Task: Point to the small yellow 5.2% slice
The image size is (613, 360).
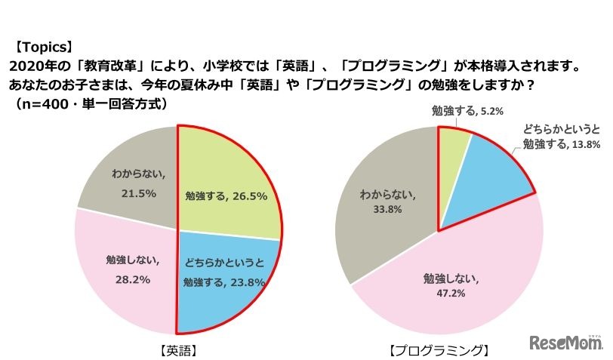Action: [x=453, y=147]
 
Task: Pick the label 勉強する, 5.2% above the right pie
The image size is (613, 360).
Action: [x=463, y=111]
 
